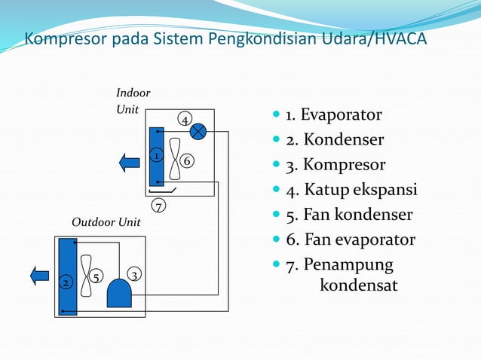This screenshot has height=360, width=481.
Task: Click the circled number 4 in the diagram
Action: coord(183,120)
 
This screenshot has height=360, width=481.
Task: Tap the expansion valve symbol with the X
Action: coord(198,132)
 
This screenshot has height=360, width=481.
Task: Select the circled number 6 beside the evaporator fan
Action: coord(187,161)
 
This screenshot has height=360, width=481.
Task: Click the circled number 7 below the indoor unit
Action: coord(158,205)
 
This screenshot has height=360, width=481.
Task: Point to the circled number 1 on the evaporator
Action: coord(155,156)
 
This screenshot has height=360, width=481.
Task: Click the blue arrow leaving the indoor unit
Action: coord(129,161)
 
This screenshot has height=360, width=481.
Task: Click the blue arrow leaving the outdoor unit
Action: coord(39,275)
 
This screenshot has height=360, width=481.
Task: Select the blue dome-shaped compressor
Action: coord(119,293)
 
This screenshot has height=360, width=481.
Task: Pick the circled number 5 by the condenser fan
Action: coord(96,277)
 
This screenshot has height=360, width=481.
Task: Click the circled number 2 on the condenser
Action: coord(66,282)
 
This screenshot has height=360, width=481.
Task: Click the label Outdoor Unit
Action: coord(106,223)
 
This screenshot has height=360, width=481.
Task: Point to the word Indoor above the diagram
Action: coord(133,93)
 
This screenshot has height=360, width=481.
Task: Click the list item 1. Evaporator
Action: coord(332,115)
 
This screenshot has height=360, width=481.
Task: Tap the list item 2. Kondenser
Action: coord(334,140)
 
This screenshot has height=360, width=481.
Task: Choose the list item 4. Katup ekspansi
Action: coord(351,190)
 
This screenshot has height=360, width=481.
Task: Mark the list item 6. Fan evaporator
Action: coord(350,240)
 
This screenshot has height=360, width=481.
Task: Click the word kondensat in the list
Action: coord(359,286)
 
